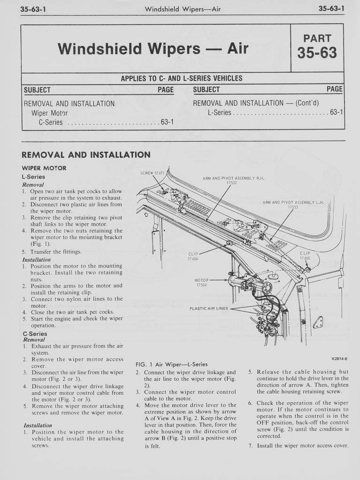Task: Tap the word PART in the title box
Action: [x=317, y=38]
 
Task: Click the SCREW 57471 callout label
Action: [x=150, y=173]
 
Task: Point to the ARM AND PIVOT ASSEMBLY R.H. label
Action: [x=233, y=180]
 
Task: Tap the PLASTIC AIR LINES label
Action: [x=209, y=308]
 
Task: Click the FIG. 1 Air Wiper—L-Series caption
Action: [x=171, y=364]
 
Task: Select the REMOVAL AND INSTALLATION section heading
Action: [x=86, y=155]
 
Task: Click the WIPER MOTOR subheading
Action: [x=44, y=168]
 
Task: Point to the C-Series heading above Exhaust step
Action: [x=35, y=334]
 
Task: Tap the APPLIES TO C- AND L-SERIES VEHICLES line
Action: [x=182, y=78]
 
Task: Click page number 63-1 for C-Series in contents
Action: [x=167, y=122]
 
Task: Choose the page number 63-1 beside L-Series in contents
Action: [x=336, y=113]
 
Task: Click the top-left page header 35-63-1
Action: [x=32, y=9]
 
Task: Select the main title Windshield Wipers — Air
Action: [x=152, y=48]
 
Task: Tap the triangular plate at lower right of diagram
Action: [x=318, y=321]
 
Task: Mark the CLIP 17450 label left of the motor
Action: [x=193, y=256]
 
